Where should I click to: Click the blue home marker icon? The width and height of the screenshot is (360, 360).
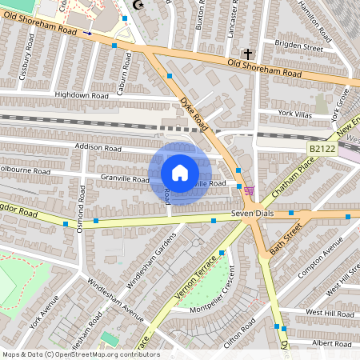point(180,173)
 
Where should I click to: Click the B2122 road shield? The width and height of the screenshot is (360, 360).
point(322,148)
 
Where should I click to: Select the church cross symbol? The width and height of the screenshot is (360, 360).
point(248,54)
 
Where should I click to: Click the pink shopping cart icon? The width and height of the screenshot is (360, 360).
point(250,190)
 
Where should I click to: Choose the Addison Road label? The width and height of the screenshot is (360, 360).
point(97,148)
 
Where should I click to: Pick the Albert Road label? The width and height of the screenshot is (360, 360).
point(331,342)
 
